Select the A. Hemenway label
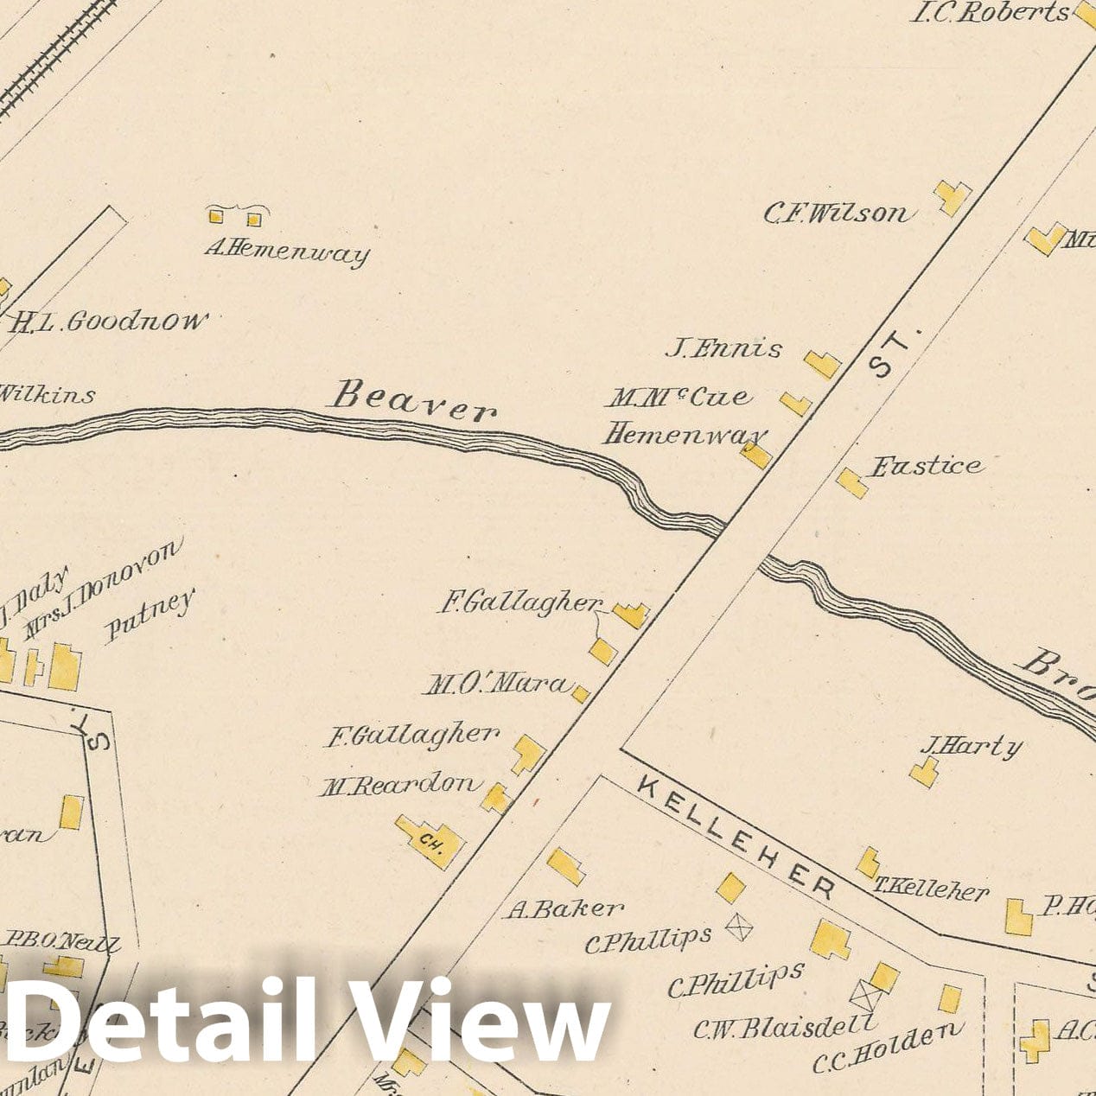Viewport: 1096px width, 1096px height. pos(287,252)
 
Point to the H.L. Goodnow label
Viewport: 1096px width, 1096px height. pos(109,323)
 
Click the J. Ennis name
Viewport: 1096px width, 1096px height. pos(723,349)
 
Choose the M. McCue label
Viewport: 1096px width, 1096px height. pos(679,398)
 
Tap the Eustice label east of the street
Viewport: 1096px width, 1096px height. pos(926,467)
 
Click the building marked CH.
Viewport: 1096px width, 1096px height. pos(430,838)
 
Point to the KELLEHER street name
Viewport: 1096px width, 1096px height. pos(736,836)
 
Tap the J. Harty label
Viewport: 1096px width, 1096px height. pos(971,746)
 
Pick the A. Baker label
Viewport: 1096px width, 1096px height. pos(564,908)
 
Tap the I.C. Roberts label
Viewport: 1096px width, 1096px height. pos(990,13)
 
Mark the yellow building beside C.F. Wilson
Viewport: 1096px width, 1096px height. pos(953,197)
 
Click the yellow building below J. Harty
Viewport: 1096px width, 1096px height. pos(924,772)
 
